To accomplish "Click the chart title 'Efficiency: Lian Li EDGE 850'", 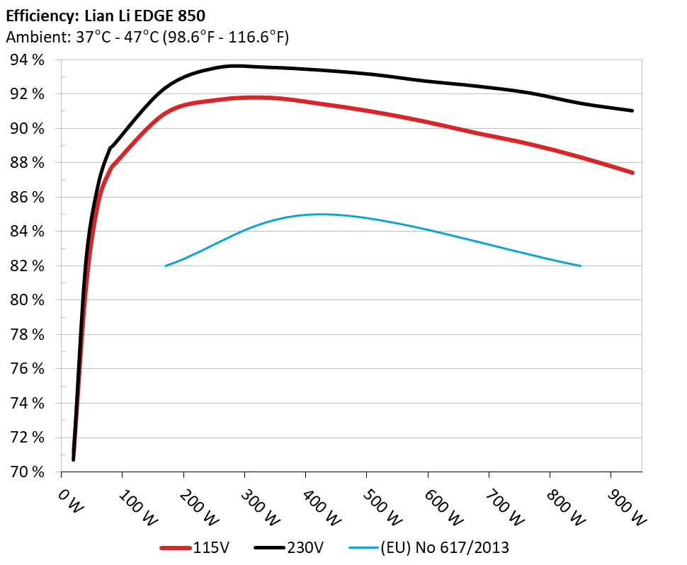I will pyautogui.click(x=106, y=15).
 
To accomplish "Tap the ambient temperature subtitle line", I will pyautogui.click(x=147, y=37).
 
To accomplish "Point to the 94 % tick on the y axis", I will pyautogui.click(x=26, y=60).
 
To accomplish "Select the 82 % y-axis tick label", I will pyautogui.click(x=26, y=266).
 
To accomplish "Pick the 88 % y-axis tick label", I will pyautogui.click(x=26, y=163).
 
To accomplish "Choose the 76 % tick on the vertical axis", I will pyautogui.click(x=26, y=369).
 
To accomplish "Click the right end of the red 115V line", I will pyautogui.click(x=632, y=173).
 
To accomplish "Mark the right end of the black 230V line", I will pyautogui.click(x=632, y=110).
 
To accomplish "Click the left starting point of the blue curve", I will pyautogui.click(x=165, y=266).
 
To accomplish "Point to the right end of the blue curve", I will pyautogui.click(x=580, y=266).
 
